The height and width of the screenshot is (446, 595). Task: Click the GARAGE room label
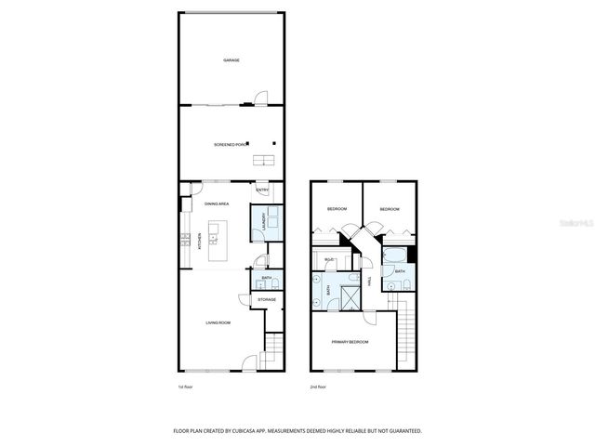(x=231, y=60)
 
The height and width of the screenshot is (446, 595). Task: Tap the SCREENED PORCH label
(x=231, y=145)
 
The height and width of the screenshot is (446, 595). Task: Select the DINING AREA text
(x=218, y=203)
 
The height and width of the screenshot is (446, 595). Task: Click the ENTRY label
(x=264, y=190)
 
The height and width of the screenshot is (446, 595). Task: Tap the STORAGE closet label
(x=267, y=299)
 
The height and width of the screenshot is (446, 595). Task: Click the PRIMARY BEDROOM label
(x=350, y=343)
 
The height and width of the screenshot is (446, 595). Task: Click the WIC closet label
(x=329, y=260)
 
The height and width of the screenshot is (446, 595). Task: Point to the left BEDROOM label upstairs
(x=337, y=210)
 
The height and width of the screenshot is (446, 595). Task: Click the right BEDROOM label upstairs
(x=389, y=210)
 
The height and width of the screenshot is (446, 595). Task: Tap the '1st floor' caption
(x=186, y=386)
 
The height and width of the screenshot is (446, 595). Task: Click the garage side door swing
(x=262, y=98)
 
